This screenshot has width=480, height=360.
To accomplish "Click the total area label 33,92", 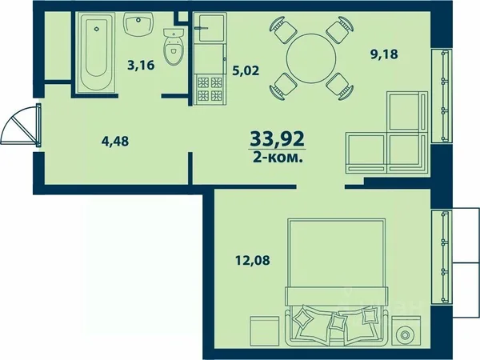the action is pyautogui.click(x=278, y=139).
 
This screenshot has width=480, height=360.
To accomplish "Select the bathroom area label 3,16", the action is pyautogui.click(x=141, y=66).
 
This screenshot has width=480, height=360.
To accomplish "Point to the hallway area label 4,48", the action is pyautogui.click(x=115, y=142).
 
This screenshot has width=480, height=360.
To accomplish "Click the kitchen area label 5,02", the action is pyautogui.click(x=246, y=70).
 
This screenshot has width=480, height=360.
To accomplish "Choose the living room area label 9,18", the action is pyautogui.click(x=384, y=54).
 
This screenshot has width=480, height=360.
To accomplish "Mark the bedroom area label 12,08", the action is pyautogui.click(x=253, y=261).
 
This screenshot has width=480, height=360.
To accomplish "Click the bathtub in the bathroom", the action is pyautogui.click(x=96, y=52).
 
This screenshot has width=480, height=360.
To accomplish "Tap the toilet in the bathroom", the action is pyautogui.click(x=173, y=46).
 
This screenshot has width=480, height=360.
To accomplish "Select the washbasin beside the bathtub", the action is pyautogui.click(x=138, y=23).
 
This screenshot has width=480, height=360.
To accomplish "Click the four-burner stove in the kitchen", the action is pyautogui.click(x=210, y=89).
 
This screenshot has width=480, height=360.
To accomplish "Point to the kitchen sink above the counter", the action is pyautogui.click(x=210, y=27).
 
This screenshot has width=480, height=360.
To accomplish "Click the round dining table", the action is pyautogui.click(x=311, y=58).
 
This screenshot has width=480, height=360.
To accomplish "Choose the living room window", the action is pyautogui.click(x=442, y=96).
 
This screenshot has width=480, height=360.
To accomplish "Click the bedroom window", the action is pyautogui.click(x=442, y=257).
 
